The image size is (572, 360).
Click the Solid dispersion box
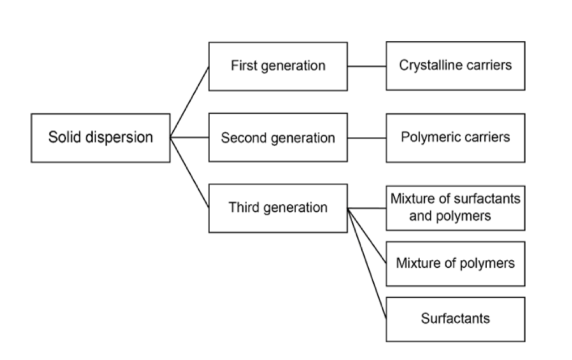coord(100,138)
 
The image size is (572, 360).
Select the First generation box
coord(278,66)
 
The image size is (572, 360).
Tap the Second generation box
coord(278,138)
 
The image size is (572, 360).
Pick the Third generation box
coord(278,208)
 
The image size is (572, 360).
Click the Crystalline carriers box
coord(455,66)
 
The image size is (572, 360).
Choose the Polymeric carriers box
coord(455,138)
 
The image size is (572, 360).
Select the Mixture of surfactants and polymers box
coord(455,208)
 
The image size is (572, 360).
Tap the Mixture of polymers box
coord(455,263)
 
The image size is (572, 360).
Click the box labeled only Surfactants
coord(455,319)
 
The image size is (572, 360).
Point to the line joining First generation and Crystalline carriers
coord(366,66)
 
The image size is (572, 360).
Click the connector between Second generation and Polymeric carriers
coord(366,138)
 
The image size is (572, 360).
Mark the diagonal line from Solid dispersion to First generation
coord(190,101)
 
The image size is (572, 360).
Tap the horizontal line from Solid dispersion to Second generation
coord(189,138)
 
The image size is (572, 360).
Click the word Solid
coord(64,138)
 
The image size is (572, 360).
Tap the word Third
coord(244,207)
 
